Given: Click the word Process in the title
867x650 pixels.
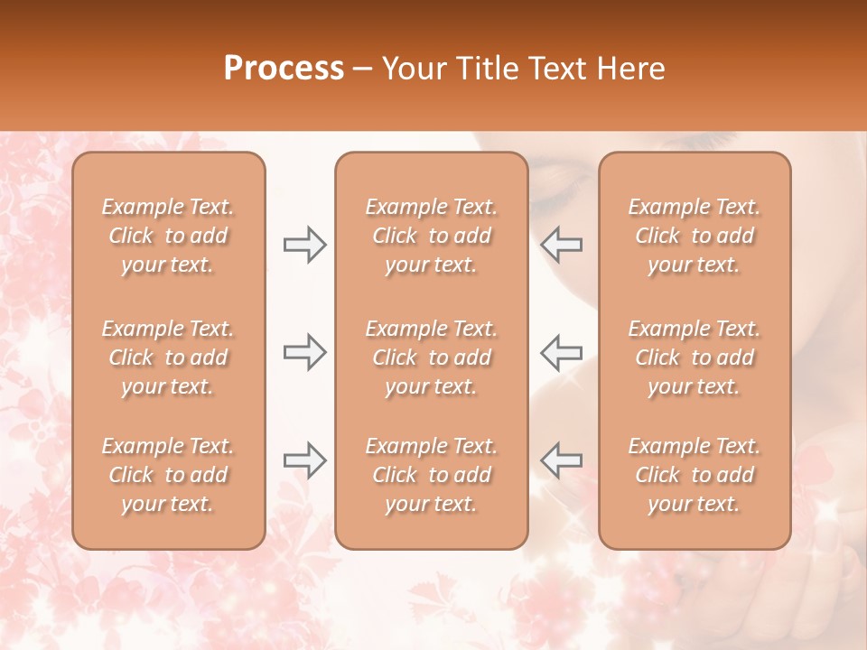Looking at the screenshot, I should [x=284, y=69].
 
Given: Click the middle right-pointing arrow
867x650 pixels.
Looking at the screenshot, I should [x=304, y=352].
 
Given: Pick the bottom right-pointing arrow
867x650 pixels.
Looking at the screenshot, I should [x=304, y=460].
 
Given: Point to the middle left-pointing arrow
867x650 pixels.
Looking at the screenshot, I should [x=561, y=352].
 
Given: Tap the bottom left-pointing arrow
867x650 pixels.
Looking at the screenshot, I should [x=561, y=460].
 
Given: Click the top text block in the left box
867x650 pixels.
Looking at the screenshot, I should [x=168, y=236].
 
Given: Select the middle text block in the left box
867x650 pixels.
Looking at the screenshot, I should [x=168, y=357].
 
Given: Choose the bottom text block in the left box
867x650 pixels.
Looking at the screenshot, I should [x=168, y=475].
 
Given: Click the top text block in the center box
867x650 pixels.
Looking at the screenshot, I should [x=432, y=236].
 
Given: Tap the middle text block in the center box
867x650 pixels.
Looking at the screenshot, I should [x=432, y=357].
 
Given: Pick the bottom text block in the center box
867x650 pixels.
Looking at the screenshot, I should [x=432, y=475].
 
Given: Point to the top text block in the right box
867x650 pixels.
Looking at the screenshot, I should [x=695, y=236].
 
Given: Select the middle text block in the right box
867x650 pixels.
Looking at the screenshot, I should [x=695, y=357].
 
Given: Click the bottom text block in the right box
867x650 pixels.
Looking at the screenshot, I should [x=695, y=475].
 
